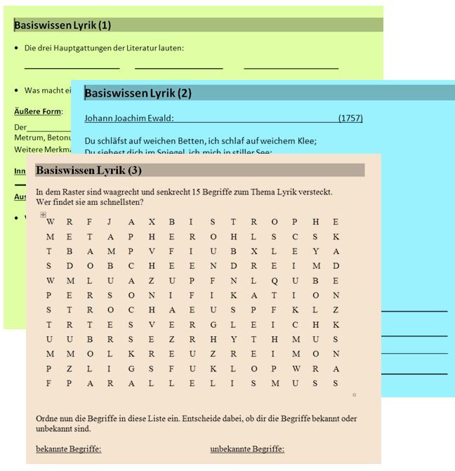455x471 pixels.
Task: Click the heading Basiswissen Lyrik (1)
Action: pos(62,25)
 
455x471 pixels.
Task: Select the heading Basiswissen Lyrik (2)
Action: pos(138,93)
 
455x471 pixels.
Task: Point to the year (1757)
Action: pos(350,118)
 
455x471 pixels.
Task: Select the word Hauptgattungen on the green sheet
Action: pos(87,48)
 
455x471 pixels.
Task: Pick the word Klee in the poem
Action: pos(307,140)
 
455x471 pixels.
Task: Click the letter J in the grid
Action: pos(110,222)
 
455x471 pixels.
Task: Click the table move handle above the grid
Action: pos(43,215)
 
